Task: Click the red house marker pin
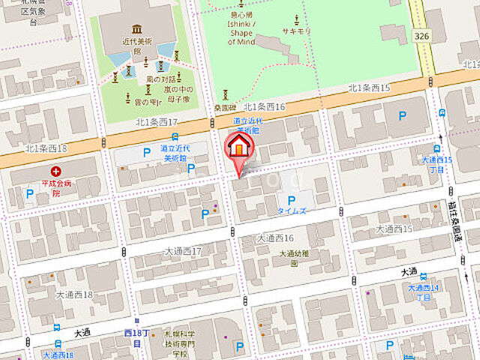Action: click(x=238, y=145)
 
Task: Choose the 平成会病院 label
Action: click(x=56, y=186)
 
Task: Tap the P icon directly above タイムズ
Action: click(x=291, y=200)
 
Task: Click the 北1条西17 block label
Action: click(x=156, y=122)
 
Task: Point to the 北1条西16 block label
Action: click(x=265, y=107)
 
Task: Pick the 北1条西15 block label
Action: click(x=369, y=88)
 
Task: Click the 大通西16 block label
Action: click(x=275, y=238)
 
